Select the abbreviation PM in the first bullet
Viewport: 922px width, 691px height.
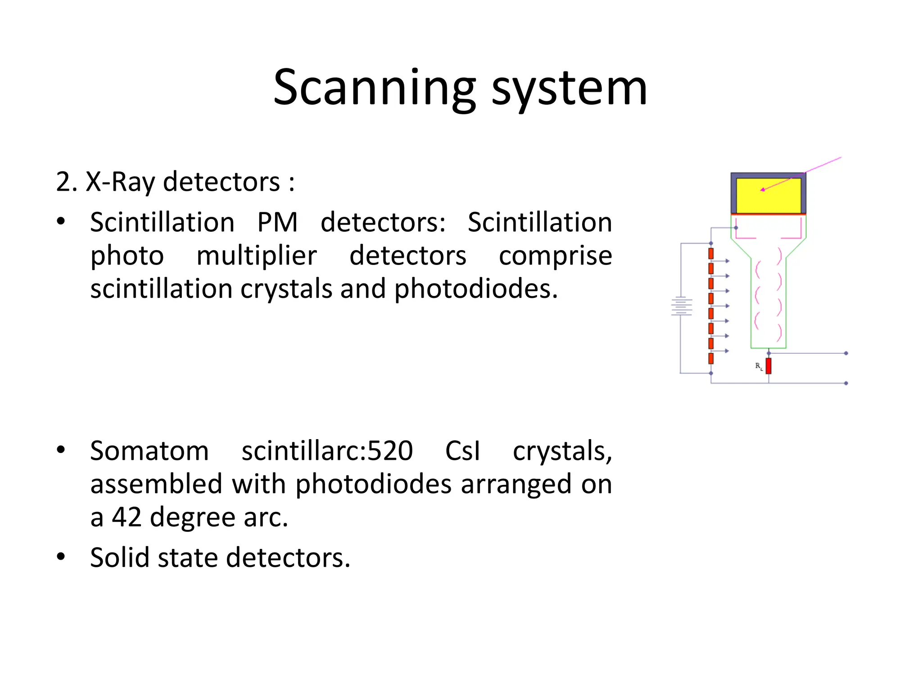click(277, 222)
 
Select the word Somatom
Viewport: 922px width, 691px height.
click(149, 451)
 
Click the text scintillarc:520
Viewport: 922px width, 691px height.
click(327, 451)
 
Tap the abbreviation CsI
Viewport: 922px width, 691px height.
click(462, 451)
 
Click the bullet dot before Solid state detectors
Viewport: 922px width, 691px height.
click(61, 557)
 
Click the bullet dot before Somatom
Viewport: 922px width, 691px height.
click(61, 450)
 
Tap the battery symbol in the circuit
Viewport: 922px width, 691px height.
click(681, 306)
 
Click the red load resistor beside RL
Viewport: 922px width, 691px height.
click(768, 366)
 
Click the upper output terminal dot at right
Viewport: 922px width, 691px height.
click(846, 353)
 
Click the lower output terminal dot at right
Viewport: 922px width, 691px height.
click(846, 383)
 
